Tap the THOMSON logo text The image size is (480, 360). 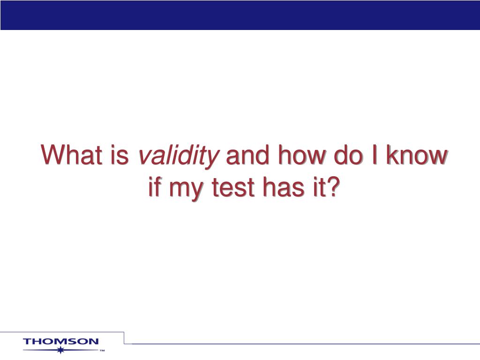tap(61, 342)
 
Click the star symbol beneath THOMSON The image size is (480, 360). tap(61, 350)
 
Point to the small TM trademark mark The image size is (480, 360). tap(102, 351)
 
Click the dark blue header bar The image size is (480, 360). tap(240, 15)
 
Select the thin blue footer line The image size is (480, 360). tap(305, 344)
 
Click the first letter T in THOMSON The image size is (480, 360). tap(27, 342)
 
